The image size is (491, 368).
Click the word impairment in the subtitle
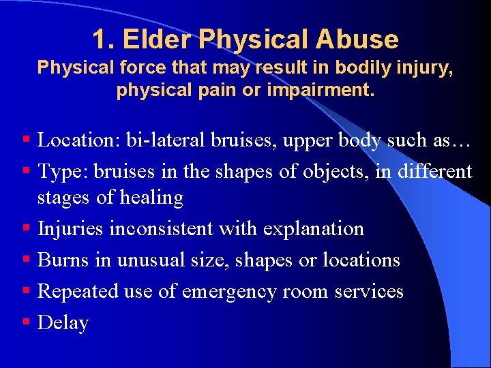(x=327, y=90)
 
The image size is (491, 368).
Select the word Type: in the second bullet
(x=60, y=171)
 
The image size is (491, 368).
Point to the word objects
(x=309, y=171)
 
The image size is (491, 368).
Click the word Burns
(x=59, y=260)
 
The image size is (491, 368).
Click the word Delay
(x=63, y=322)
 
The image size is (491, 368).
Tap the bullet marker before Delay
(x=25, y=321)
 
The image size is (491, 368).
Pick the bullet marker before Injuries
(x=25, y=228)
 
